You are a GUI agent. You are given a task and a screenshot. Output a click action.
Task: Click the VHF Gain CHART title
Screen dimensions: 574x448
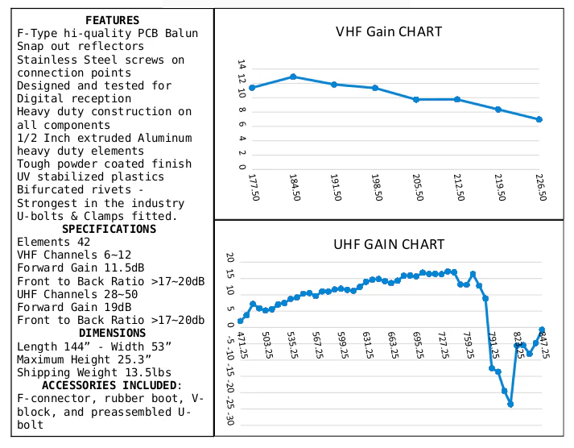click(389, 32)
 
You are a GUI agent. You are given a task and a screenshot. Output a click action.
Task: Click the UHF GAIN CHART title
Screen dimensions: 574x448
click(389, 244)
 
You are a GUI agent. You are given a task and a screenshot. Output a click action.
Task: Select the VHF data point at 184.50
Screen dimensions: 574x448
click(293, 77)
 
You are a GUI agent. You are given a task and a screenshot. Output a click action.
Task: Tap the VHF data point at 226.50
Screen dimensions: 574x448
click(539, 119)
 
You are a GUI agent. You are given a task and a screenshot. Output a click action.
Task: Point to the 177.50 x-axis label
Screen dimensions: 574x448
click(254, 187)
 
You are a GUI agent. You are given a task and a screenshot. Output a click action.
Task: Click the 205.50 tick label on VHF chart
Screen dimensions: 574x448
click(418, 187)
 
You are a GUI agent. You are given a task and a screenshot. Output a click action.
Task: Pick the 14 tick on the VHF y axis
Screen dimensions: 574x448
click(242, 64)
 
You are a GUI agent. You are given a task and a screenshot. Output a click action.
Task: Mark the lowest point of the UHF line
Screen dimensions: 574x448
click(510, 404)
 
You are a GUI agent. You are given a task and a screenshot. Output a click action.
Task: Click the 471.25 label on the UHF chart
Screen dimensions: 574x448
click(242, 345)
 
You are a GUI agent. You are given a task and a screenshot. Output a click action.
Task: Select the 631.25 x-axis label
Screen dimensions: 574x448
click(367, 345)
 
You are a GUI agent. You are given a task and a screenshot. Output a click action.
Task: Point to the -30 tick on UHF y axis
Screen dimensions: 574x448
click(230, 419)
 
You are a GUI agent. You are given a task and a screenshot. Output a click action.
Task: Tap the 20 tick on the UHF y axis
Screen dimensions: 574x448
click(230, 258)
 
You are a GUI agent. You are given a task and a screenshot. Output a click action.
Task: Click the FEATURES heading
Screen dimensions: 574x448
click(113, 20)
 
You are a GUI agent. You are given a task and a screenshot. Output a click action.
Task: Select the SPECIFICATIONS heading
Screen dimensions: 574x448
click(109, 229)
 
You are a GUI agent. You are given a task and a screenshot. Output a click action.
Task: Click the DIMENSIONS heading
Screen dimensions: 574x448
click(113, 333)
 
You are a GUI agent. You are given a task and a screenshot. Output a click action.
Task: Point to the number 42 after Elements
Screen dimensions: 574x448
click(84, 242)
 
